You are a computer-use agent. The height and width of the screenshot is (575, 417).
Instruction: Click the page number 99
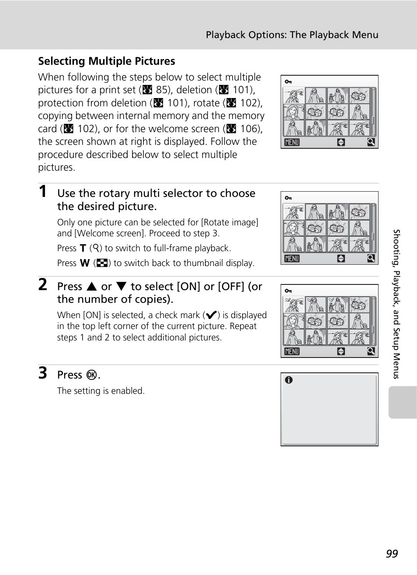coord(392,554)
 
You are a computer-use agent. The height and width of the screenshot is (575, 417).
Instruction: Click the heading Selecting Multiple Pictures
coord(106,61)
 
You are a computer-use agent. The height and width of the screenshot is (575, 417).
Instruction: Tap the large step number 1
coord(42,191)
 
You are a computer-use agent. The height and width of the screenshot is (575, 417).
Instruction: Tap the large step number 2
coord(42,284)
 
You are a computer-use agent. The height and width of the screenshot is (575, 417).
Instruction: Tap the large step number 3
coord(42,373)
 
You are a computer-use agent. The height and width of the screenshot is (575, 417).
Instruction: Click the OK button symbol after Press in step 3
coord(92,375)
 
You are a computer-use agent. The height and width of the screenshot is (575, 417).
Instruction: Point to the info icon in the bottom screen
coord(288,380)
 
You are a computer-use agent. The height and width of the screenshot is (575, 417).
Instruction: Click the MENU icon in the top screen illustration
coord(292,142)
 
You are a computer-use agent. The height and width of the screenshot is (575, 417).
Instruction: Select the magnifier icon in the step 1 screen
coord(371,258)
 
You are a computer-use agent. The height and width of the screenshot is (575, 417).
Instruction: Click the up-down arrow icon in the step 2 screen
coord(341,351)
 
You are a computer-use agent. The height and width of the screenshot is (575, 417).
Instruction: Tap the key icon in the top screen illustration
coord(288,82)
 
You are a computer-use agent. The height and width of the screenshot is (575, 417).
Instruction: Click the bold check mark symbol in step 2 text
coord(211,316)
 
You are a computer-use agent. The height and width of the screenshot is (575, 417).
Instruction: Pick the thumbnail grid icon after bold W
coord(102,263)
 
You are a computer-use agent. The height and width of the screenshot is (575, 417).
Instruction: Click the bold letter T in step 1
coord(83,248)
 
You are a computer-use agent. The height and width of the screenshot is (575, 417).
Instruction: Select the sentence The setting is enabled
coord(101,391)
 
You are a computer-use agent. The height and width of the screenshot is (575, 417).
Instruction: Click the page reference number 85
coord(162,90)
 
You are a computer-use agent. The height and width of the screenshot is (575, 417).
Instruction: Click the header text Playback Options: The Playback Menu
coord(292,35)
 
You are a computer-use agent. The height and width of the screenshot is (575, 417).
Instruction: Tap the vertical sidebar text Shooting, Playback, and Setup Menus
coord(396,304)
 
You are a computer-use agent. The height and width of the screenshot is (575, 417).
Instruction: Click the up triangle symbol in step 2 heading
coord(91,287)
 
